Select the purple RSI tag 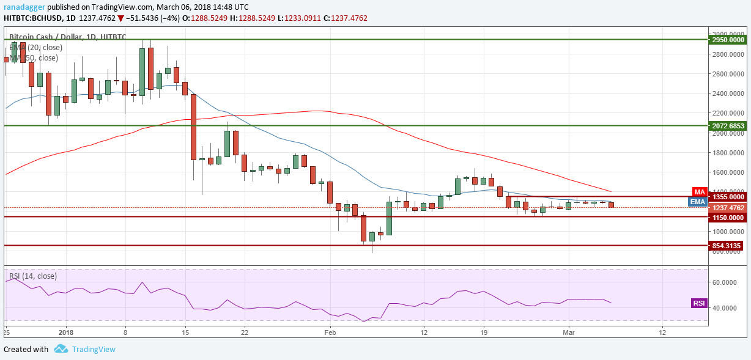pos(698,303)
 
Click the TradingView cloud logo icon pos(61,349)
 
